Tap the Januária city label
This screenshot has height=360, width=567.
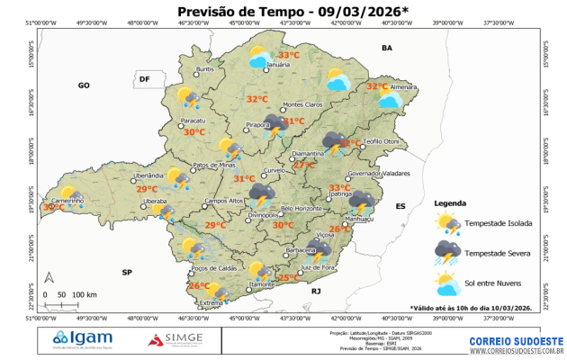point(279,65)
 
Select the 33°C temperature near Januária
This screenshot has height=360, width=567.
point(288,55)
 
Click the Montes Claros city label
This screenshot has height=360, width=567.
point(302,104)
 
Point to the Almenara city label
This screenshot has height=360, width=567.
point(403,86)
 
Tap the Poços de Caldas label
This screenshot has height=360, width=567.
point(212,268)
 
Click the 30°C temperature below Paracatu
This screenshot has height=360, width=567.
point(194,131)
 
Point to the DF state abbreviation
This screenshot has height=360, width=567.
point(143,80)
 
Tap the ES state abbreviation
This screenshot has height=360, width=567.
point(401,206)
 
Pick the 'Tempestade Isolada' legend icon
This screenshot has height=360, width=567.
point(447,222)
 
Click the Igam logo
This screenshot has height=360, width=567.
point(78,339)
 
